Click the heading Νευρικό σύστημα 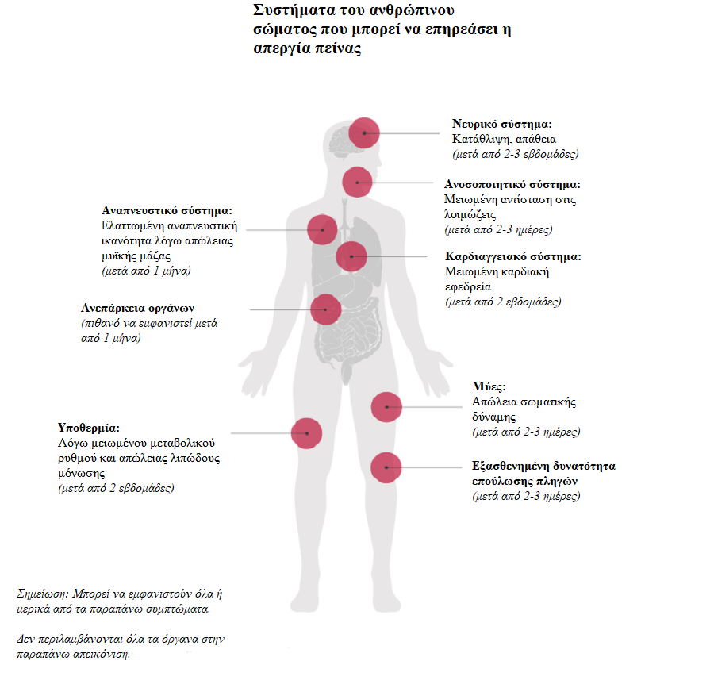501,125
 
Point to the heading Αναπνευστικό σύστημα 167,211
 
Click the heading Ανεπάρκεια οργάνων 137,308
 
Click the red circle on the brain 364,133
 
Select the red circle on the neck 357,183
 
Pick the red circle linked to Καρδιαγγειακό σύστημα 351,256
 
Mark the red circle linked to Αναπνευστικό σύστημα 323,229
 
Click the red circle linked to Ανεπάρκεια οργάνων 325,309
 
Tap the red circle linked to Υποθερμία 306,433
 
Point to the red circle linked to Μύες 386,407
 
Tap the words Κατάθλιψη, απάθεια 499,139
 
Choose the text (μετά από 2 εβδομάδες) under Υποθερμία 116,488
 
